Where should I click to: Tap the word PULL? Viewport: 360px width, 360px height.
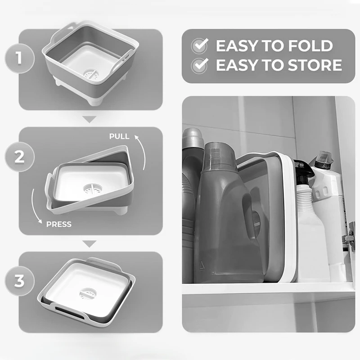[x=119, y=136]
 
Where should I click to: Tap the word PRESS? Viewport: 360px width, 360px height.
[x=59, y=224]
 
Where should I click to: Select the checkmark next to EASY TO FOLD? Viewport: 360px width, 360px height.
[x=199, y=46]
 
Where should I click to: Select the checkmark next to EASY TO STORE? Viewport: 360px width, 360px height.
[x=199, y=65]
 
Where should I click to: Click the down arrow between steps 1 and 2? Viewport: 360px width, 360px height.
[x=90, y=120]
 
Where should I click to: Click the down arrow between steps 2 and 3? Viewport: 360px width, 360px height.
[x=90, y=244]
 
